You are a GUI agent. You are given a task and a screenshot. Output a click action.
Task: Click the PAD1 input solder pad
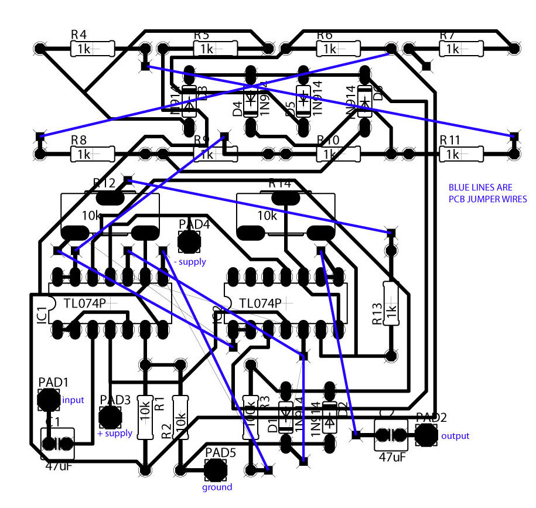pyautogui.click(x=48, y=400)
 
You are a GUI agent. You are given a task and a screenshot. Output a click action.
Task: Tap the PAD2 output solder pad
pyautogui.click(x=426, y=435)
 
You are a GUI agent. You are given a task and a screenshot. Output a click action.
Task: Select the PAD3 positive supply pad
pyautogui.click(x=110, y=417)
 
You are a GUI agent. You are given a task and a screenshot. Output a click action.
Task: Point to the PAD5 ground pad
pyautogui.click(x=216, y=469)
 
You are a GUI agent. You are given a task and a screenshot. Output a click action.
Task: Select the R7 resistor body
pyautogui.click(x=460, y=49)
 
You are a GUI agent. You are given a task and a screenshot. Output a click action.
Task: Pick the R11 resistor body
pyautogui.click(x=460, y=155)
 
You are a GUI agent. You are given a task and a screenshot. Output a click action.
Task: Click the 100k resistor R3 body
pyautogui.click(x=250, y=417)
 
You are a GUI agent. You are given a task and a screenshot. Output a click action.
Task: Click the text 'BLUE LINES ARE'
pyautogui.click(x=480, y=187)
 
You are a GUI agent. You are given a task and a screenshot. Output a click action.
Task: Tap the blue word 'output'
pyautogui.click(x=455, y=436)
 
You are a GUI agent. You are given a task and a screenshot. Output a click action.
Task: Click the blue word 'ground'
pyautogui.click(x=217, y=487)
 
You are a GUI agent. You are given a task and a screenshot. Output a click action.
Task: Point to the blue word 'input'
pyautogui.click(x=73, y=400)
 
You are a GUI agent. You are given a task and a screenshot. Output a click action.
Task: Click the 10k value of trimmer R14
pyautogui.click(x=267, y=216)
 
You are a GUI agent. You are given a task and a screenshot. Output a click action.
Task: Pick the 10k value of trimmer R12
pyautogui.click(x=92, y=216)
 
